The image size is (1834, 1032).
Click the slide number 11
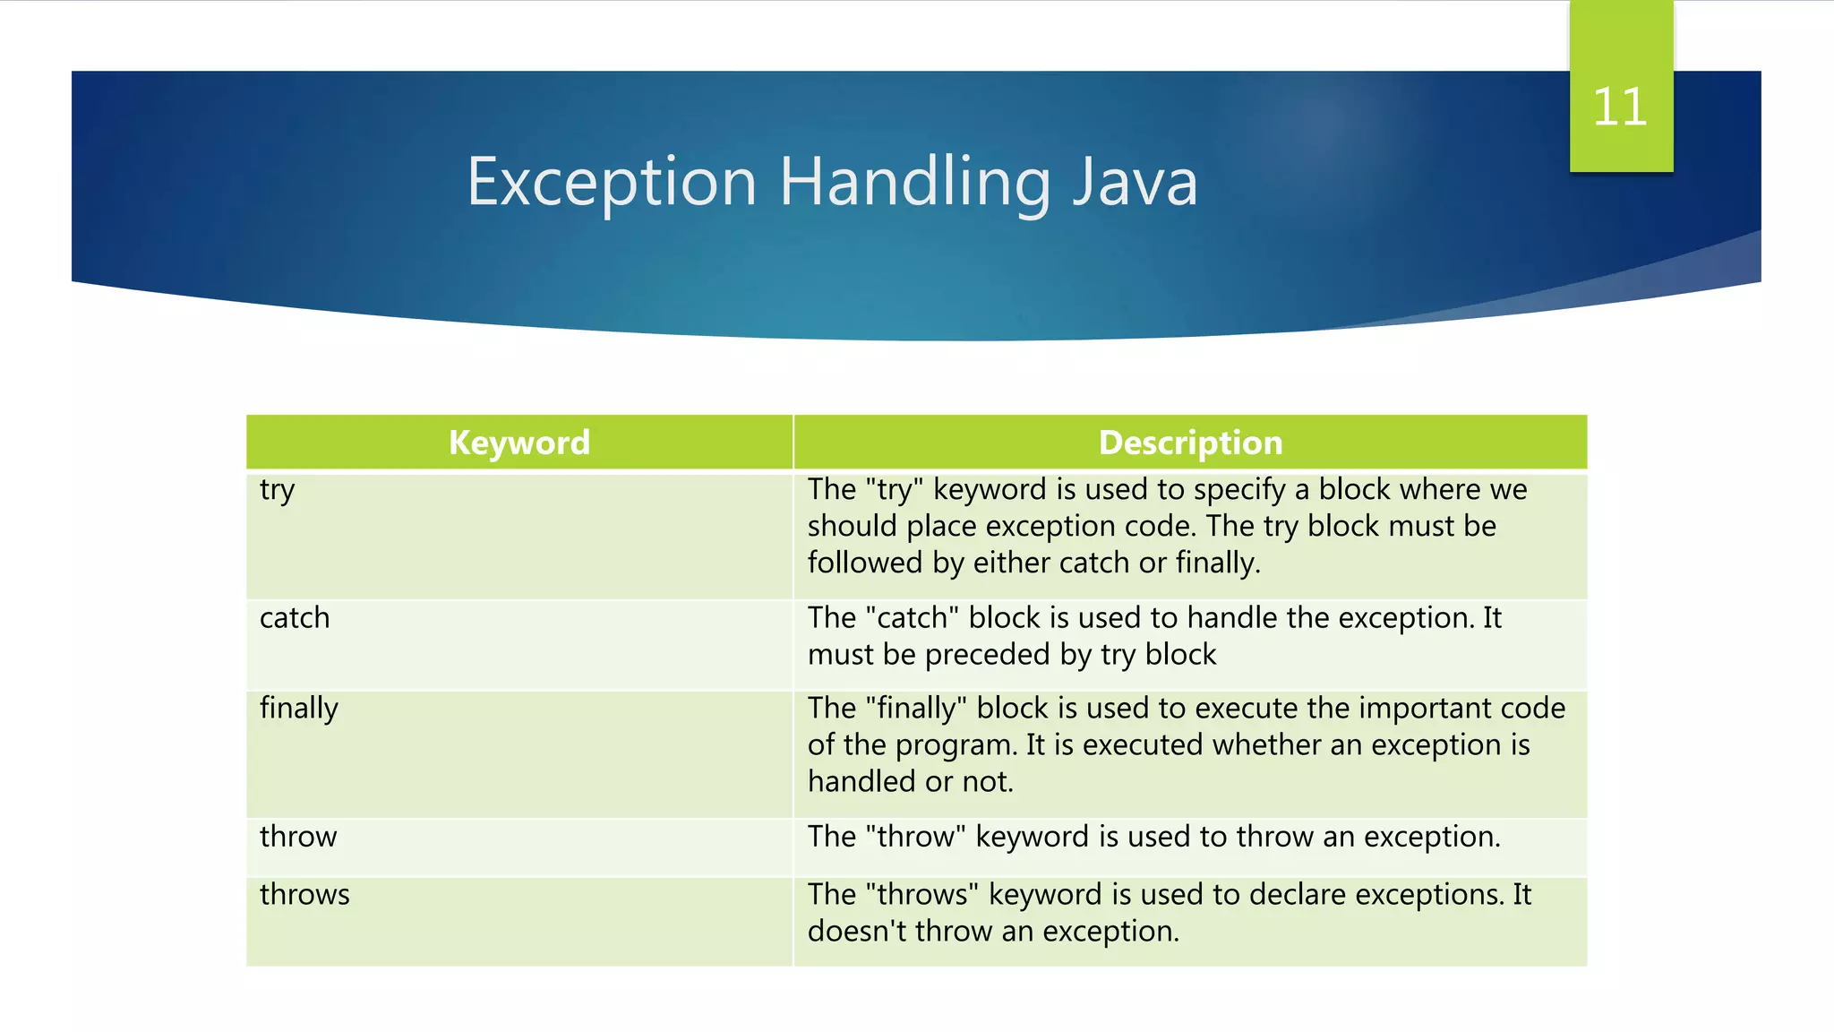pyautogui.click(x=1620, y=107)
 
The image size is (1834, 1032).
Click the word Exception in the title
pyautogui.click(x=612, y=182)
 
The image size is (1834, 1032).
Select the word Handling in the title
pyautogui.click(x=914, y=182)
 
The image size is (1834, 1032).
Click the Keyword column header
pyautogui.click(x=519, y=443)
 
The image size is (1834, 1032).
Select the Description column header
pyautogui.click(x=1190, y=443)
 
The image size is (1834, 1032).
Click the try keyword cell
pyautogui.click(x=278, y=490)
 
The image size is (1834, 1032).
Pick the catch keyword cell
pyautogui.click(x=295, y=618)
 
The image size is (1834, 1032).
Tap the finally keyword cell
pyautogui.click(x=299, y=709)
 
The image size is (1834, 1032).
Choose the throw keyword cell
pyautogui.click(x=298, y=837)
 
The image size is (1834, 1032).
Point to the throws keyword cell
pyautogui.click(x=304, y=895)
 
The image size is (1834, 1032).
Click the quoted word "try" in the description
pyautogui.click(x=895, y=490)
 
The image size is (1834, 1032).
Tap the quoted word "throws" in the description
pyautogui.click(x=922, y=895)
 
